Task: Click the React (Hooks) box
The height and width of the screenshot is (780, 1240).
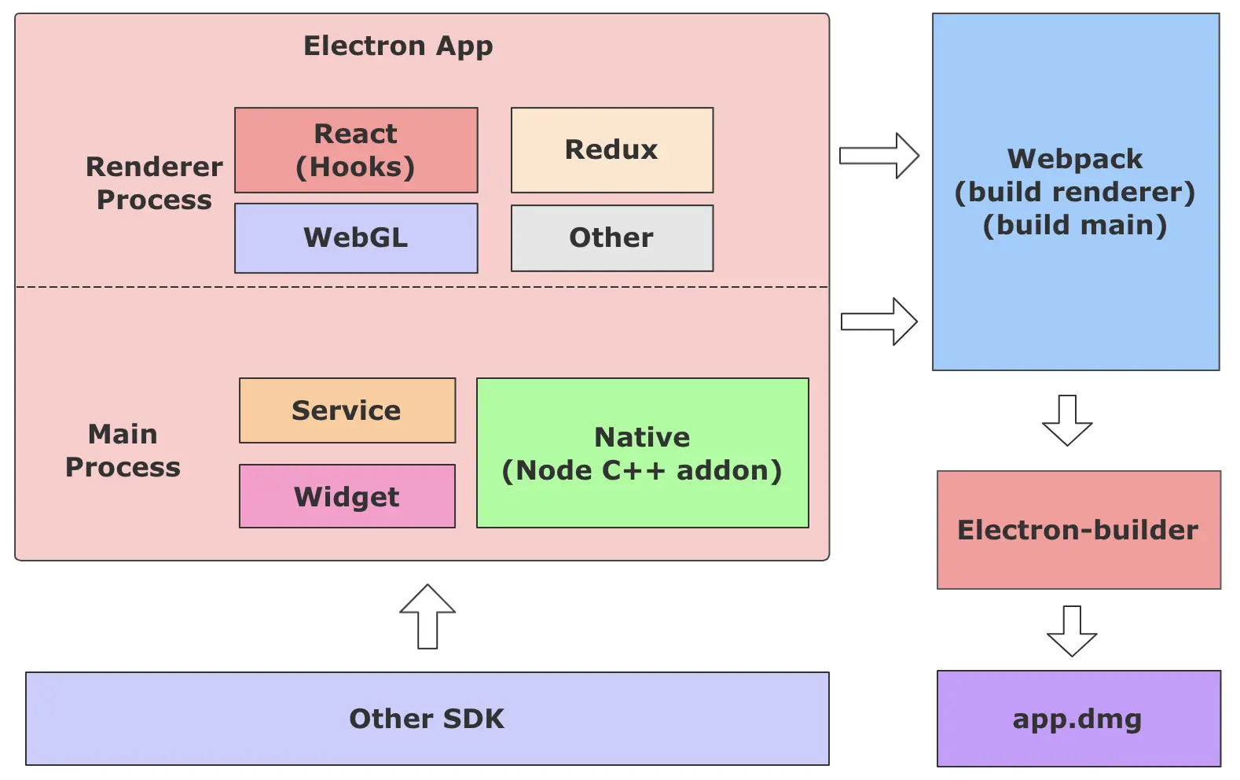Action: (x=356, y=150)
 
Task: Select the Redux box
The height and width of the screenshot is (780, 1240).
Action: (x=611, y=150)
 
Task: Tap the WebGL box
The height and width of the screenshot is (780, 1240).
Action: (x=356, y=238)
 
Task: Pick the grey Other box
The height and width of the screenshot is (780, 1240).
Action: (x=611, y=238)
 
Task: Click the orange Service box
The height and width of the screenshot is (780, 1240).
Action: (x=347, y=410)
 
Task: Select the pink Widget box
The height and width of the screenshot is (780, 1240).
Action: (x=347, y=496)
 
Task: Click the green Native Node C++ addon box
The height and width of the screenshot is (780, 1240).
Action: (x=642, y=453)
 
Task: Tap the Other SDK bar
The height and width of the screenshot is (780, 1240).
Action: (x=427, y=719)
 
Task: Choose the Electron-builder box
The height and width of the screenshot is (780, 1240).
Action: (x=1078, y=530)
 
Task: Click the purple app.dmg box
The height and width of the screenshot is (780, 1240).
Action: (x=1078, y=719)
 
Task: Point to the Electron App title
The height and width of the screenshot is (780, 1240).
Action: (x=398, y=46)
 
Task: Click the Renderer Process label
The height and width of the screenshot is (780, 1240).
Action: (x=154, y=182)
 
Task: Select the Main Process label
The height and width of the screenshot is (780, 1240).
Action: (x=123, y=450)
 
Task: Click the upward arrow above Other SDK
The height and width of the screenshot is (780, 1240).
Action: (x=427, y=616)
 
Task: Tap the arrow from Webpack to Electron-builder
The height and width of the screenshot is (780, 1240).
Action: (x=1067, y=421)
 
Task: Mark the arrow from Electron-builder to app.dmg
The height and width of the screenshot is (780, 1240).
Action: (x=1072, y=631)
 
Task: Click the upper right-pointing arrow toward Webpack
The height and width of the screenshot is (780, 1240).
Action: (x=879, y=156)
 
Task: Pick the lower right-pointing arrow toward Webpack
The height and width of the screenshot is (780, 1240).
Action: (x=879, y=322)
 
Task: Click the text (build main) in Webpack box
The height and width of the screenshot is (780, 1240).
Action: (x=1075, y=225)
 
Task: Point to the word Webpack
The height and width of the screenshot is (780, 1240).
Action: (x=1075, y=160)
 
